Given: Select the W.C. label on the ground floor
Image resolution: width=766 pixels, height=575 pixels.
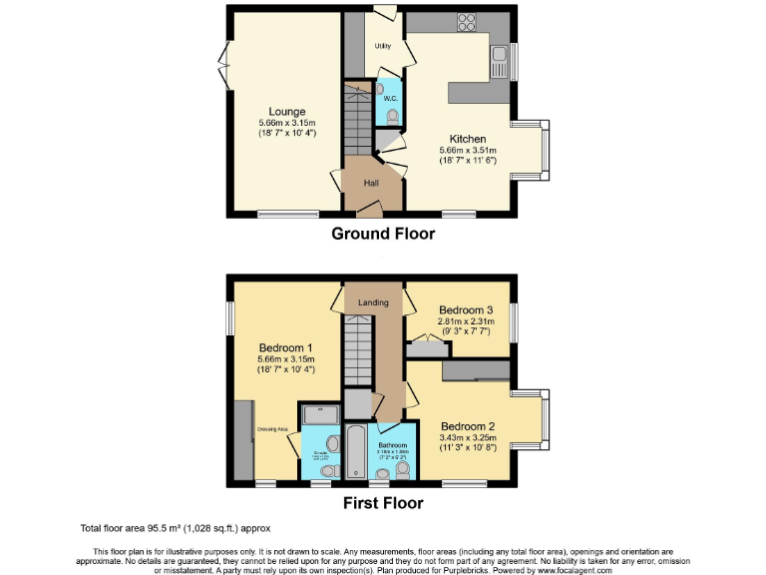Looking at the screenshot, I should tap(391, 98).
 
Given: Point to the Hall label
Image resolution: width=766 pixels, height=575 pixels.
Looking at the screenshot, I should tap(371, 184).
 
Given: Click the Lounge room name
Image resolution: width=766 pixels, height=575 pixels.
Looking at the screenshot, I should tap(286, 111).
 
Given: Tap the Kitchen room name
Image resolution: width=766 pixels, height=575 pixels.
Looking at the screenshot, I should tap(467, 139).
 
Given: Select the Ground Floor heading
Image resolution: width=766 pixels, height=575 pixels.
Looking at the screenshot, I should tap(383, 234).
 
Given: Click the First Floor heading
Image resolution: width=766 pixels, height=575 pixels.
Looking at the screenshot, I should tap(383, 503).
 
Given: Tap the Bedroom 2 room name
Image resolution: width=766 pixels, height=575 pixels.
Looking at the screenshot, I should tap(468, 424).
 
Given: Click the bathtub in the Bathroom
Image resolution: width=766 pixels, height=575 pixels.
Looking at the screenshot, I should tap(355, 452).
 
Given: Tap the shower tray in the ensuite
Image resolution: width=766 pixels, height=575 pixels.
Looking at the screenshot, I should tap(320, 414).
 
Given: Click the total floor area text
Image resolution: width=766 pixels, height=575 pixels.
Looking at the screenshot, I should tap(175, 527).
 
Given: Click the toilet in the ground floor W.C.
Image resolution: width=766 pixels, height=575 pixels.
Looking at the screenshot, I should tap(392, 118).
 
